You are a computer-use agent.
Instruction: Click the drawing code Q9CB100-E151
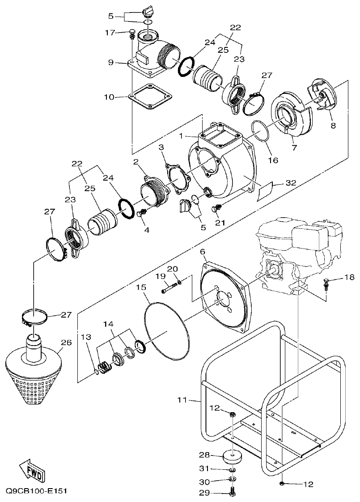(x=36, y=491)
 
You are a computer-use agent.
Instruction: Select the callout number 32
(x=291, y=182)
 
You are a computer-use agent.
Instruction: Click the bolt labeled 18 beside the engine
(x=326, y=283)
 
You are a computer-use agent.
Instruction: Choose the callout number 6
(x=203, y=252)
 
